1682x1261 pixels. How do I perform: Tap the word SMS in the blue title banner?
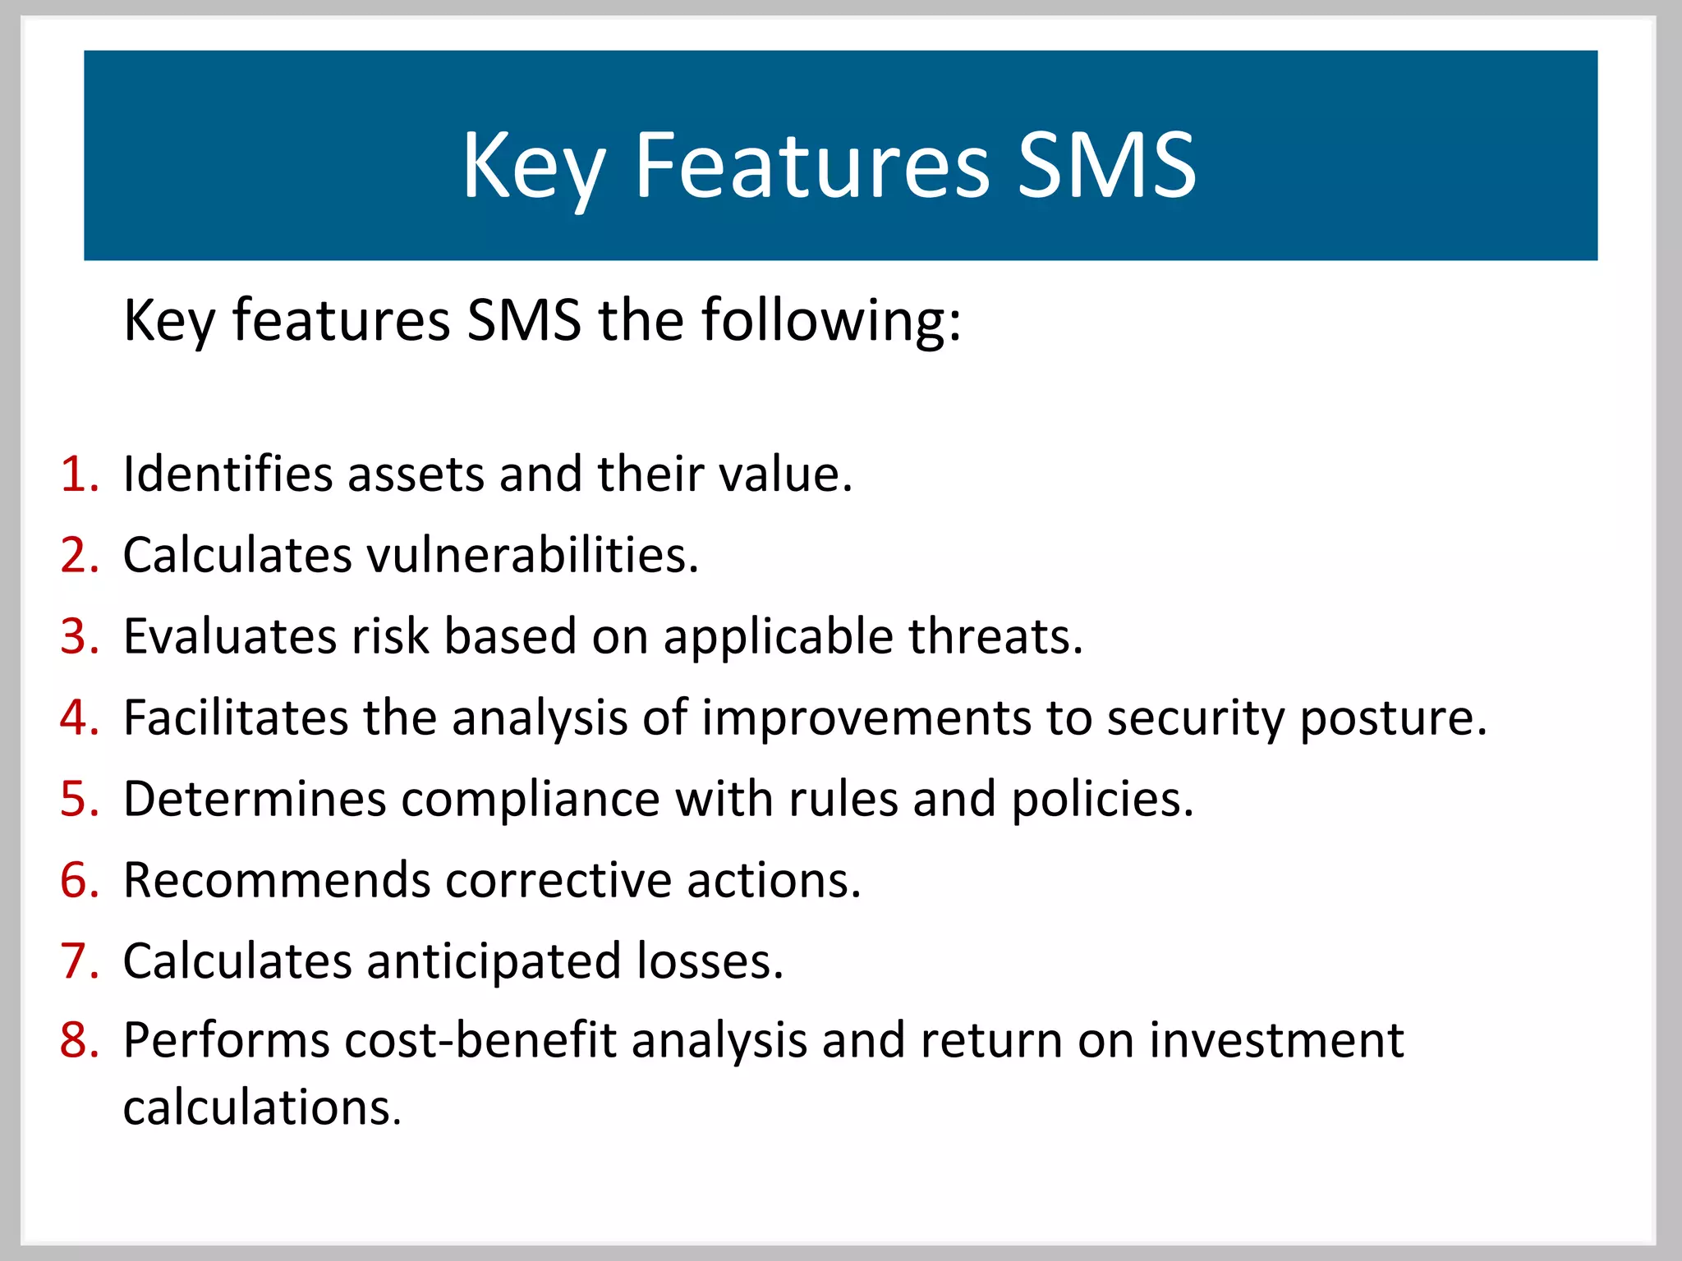[x=1105, y=167]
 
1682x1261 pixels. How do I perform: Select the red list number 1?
[x=79, y=475]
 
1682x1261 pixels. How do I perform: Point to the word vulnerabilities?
[x=531, y=556]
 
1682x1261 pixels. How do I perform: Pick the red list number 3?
[x=79, y=637]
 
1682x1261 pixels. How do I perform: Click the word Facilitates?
[x=236, y=718]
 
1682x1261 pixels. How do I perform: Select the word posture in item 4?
[x=1393, y=718]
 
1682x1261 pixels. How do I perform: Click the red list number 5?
[x=79, y=800]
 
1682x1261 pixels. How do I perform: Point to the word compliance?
[x=530, y=800]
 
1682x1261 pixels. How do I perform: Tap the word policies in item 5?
[x=1101, y=800]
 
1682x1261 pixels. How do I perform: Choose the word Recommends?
[x=277, y=881]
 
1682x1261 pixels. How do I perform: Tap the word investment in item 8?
[x=1276, y=1041]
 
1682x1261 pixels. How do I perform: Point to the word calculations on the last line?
[x=262, y=1108]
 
